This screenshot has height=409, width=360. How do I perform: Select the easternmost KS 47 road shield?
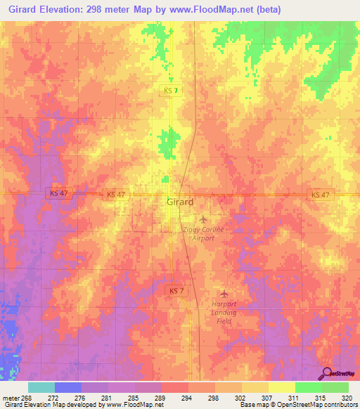pos(319,195)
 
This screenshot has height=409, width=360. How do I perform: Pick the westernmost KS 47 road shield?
pos(57,193)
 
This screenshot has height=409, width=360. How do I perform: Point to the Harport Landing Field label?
pos(223,311)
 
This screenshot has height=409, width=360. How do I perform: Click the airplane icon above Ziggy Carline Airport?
pos(204,219)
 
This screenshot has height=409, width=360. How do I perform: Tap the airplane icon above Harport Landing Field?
pos(224,293)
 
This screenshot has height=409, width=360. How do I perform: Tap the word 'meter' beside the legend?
pos(10,398)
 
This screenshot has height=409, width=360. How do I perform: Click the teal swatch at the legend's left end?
pos(41,387)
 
